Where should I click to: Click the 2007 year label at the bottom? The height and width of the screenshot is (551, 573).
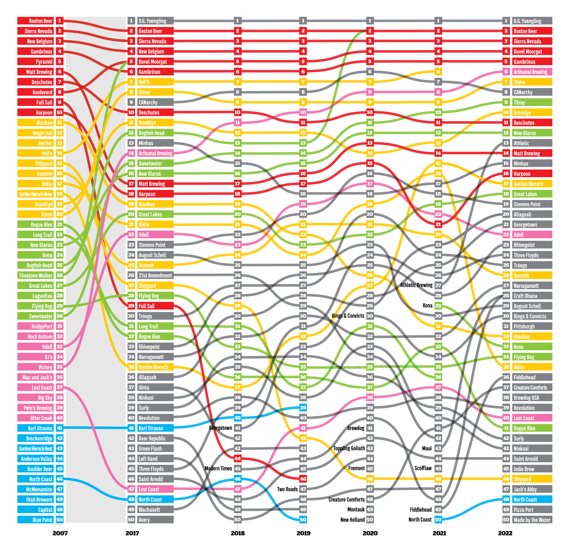click(x=60, y=533)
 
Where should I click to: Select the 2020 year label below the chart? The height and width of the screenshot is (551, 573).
click(x=370, y=533)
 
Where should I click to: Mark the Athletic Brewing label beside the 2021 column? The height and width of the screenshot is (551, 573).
click(x=416, y=285)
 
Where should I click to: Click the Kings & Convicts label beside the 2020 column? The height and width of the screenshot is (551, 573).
click(x=348, y=316)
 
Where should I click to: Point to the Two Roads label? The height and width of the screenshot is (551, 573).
click(x=287, y=489)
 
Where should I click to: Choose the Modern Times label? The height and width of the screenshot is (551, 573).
click(x=218, y=468)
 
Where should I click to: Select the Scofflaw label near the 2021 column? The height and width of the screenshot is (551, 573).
click(x=423, y=468)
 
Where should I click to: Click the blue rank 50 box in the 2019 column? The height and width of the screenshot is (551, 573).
click(x=303, y=519)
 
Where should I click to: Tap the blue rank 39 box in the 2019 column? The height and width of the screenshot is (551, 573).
click(x=303, y=408)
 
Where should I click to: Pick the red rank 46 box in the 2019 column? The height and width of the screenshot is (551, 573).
click(x=303, y=479)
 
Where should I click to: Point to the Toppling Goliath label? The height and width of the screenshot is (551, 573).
click(x=349, y=448)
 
